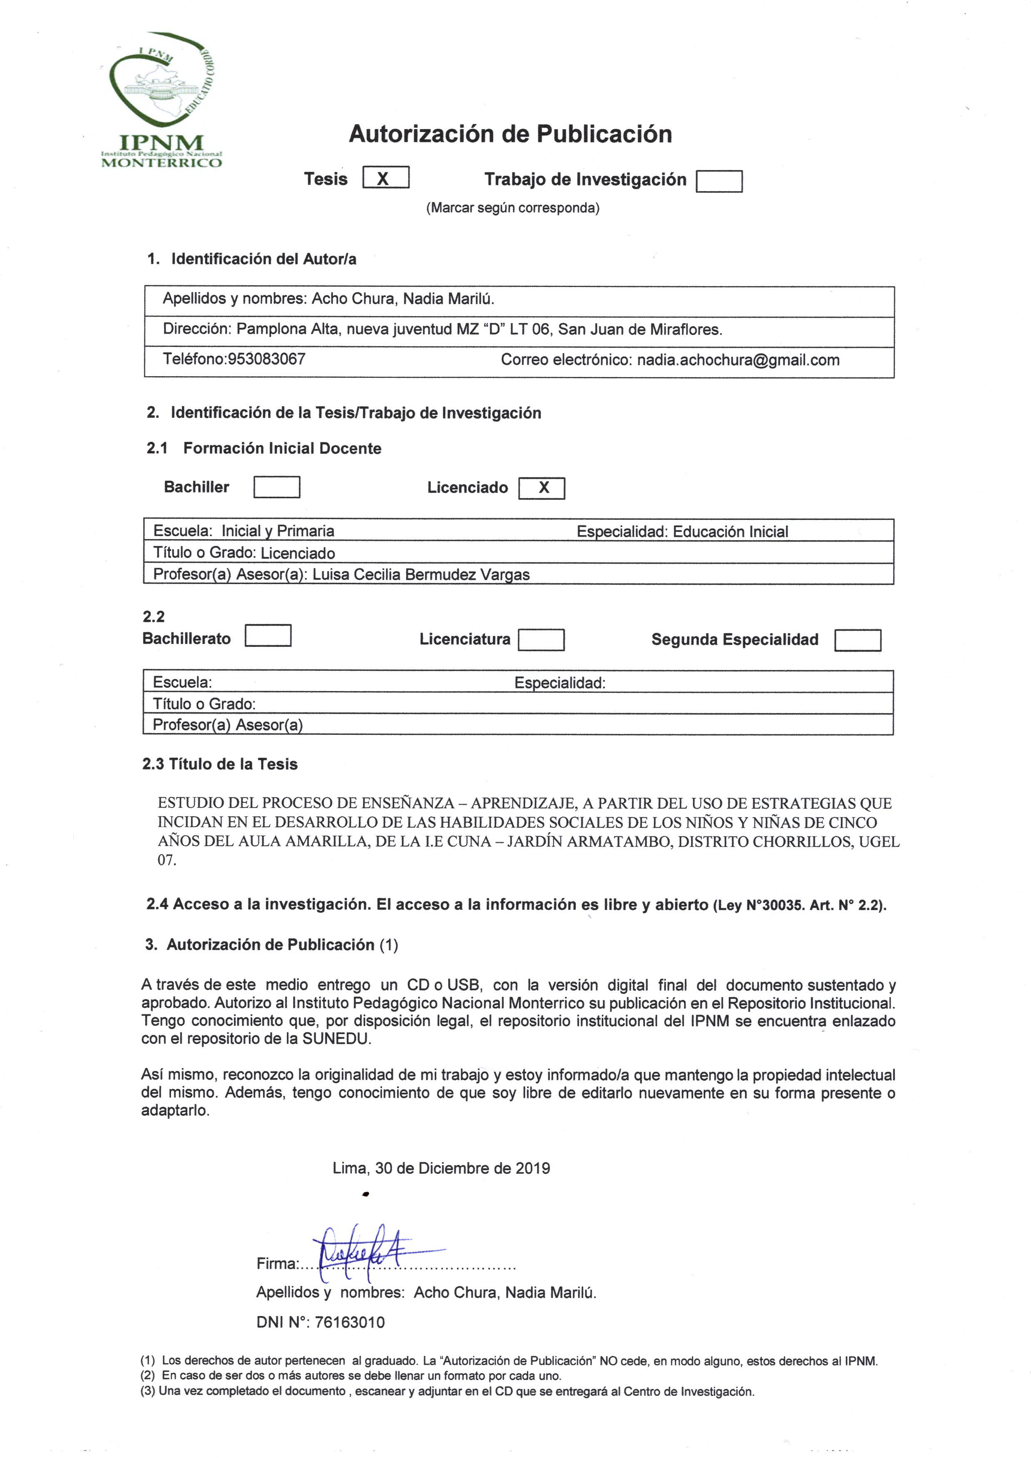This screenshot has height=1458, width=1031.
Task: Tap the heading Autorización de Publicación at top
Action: pos(510,134)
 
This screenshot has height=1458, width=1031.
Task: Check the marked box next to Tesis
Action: pos(385,178)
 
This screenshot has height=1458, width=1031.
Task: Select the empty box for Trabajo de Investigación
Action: pos(719,182)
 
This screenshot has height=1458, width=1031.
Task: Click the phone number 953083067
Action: pos(266,359)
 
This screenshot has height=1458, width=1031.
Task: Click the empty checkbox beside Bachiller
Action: pos(277,487)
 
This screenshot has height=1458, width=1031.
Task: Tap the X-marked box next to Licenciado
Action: pos(542,488)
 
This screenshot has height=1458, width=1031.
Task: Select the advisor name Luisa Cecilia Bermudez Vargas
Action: pos(421,574)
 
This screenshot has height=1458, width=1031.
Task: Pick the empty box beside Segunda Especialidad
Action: pos(857,640)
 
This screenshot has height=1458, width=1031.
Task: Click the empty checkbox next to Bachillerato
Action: pos(268,636)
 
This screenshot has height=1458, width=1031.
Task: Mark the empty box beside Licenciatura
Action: pos(541,640)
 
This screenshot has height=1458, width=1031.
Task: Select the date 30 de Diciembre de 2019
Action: pos(462,1168)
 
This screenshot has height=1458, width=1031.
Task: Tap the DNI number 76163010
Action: pos(349,1322)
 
